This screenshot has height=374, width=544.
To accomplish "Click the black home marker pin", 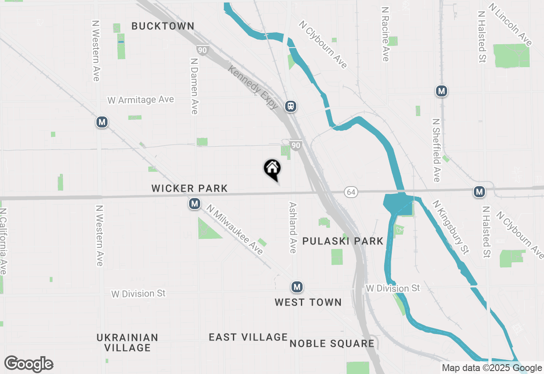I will pyautogui.click(x=272, y=169).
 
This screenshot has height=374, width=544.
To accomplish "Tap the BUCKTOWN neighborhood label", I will pyautogui.click(x=163, y=26).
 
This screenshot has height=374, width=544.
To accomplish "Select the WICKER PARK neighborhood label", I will pyautogui.click(x=190, y=188).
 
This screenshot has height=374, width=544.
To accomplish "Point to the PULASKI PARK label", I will pyautogui.click(x=343, y=241).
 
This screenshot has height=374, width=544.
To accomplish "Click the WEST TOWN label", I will pyautogui.click(x=308, y=302).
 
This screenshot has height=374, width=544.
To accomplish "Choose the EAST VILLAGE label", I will pyautogui.click(x=248, y=337).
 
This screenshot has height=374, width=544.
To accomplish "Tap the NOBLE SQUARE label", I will pyautogui.click(x=332, y=343).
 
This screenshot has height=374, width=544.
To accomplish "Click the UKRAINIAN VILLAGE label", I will pyautogui.click(x=127, y=343).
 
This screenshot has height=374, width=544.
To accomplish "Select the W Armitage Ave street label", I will pyautogui.click(x=141, y=100).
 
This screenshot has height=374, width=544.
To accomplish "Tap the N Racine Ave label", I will pyautogui.click(x=385, y=34).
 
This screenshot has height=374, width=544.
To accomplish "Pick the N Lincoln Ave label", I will pyautogui.click(x=510, y=25).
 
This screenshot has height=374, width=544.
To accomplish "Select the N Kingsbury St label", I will pyautogui.click(x=450, y=227).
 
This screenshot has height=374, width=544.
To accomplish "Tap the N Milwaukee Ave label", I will pyautogui.click(x=234, y=229).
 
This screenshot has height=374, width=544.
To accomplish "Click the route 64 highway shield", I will pyautogui.click(x=351, y=192).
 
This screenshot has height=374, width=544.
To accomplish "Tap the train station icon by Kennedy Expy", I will pyautogui.click(x=291, y=106).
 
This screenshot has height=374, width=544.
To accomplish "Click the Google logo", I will pyautogui.click(x=29, y=364).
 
